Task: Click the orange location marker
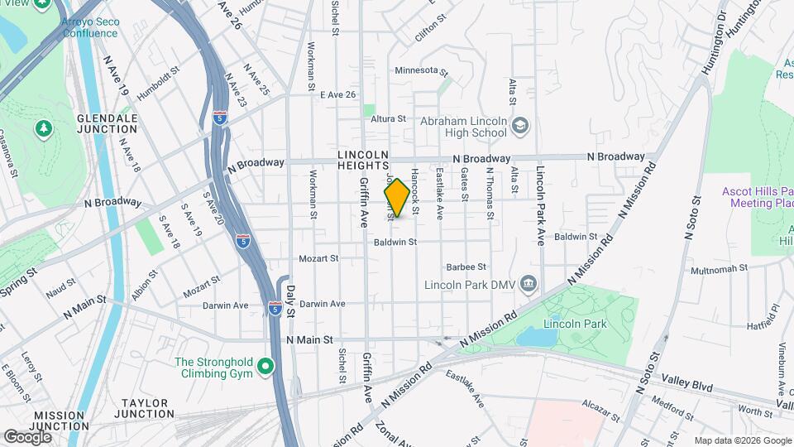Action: pos(397,198)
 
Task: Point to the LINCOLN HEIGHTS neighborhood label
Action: pos(363,160)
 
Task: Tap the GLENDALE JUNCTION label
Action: pos(107,124)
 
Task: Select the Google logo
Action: pos(27,436)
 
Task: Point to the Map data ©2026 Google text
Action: pos(742,440)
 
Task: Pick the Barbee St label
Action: pos(465,267)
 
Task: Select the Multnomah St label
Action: pos(719,269)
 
